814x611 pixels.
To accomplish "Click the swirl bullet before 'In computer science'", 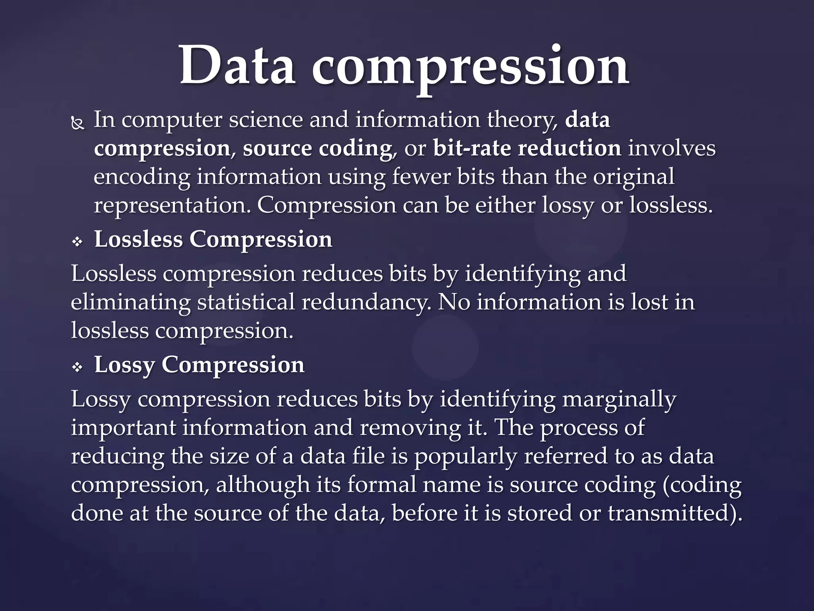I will click(x=78, y=125).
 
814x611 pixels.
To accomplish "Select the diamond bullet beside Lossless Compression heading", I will click(x=77, y=241).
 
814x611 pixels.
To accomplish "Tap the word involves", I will click(x=672, y=148).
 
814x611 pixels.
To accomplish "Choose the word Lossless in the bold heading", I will click(x=138, y=240).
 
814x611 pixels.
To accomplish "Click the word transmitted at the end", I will click(x=671, y=514).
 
